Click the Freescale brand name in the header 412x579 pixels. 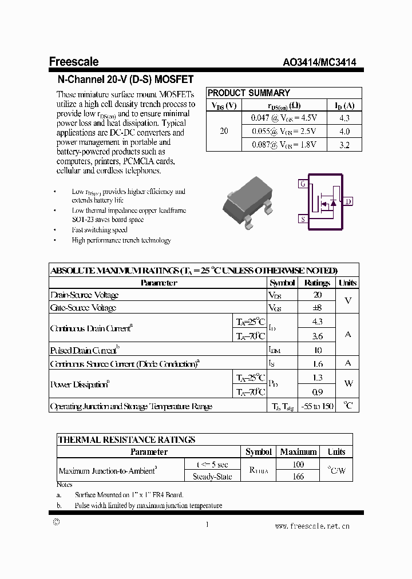coord(74,62)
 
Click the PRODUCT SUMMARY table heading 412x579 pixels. coord(249,93)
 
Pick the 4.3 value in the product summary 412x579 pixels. coord(344,118)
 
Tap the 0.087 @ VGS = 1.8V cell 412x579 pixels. coord(284,145)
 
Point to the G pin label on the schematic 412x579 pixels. coord(303,184)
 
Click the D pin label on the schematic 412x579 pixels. coord(348,201)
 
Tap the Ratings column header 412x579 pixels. coord(317,283)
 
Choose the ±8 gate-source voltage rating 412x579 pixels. coord(318,308)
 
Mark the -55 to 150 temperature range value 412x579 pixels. coord(318,406)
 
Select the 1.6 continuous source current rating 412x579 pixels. coord(318,364)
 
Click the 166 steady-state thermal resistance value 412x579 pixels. coord(298,476)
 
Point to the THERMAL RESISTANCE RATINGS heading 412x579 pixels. coord(127,439)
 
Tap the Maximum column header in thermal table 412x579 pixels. coord(298,452)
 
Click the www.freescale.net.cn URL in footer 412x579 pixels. coord(312,526)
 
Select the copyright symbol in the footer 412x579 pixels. coord(56,522)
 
